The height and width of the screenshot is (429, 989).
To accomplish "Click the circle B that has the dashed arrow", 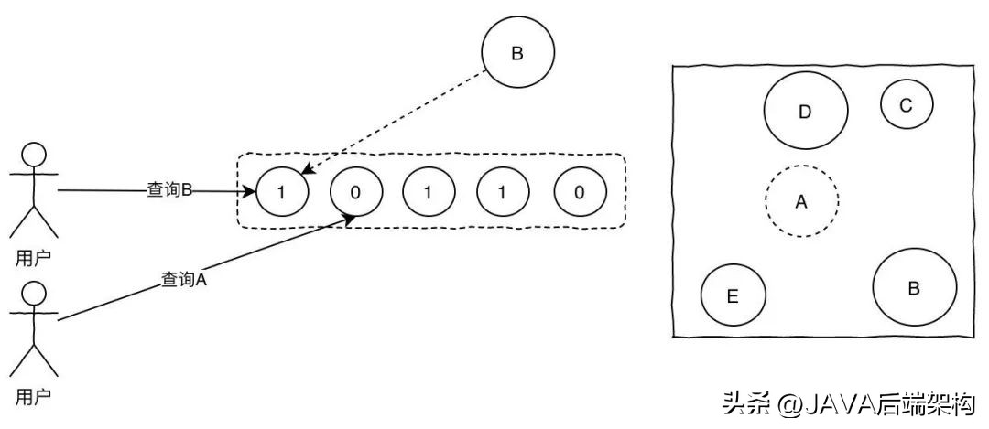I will [516, 54].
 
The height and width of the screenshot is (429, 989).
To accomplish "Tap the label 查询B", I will [168, 190].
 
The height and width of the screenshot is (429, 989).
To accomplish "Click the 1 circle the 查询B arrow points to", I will [281, 192].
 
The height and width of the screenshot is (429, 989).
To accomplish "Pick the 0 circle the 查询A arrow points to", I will [355, 192].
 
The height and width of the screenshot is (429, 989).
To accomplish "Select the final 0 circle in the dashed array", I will [580, 192].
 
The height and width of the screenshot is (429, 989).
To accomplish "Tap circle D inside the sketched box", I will [804, 112].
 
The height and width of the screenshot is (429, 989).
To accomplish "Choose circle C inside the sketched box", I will [906, 105].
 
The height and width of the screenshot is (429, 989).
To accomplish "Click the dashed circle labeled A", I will [801, 202].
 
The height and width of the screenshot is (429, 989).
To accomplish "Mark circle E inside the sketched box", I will [733, 295].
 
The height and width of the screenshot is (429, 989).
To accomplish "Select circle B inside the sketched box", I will [913, 288].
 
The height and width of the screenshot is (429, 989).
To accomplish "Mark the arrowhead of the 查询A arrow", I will [351, 219].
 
